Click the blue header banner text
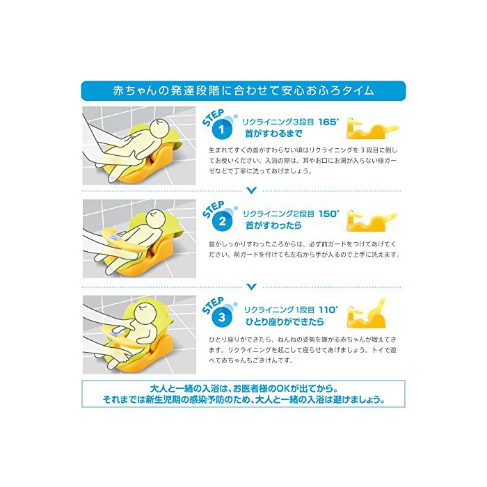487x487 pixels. [x=243, y=90]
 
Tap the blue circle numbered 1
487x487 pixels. [x=222, y=129]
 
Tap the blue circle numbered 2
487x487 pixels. [x=223, y=222]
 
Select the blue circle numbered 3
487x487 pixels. [x=222, y=317]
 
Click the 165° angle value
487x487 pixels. [x=329, y=122]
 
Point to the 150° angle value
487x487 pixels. [x=329, y=214]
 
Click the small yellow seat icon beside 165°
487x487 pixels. [x=372, y=129]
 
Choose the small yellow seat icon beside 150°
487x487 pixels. [x=372, y=221]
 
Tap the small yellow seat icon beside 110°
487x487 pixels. [x=366, y=313]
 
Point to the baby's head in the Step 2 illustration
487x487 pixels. [x=157, y=218]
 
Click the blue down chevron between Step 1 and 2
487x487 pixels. [x=252, y=191]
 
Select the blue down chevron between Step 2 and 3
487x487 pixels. [x=252, y=287]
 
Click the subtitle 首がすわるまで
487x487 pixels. [x=273, y=134]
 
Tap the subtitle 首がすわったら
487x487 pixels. [x=273, y=225]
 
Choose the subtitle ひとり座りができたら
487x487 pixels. [x=285, y=321]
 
